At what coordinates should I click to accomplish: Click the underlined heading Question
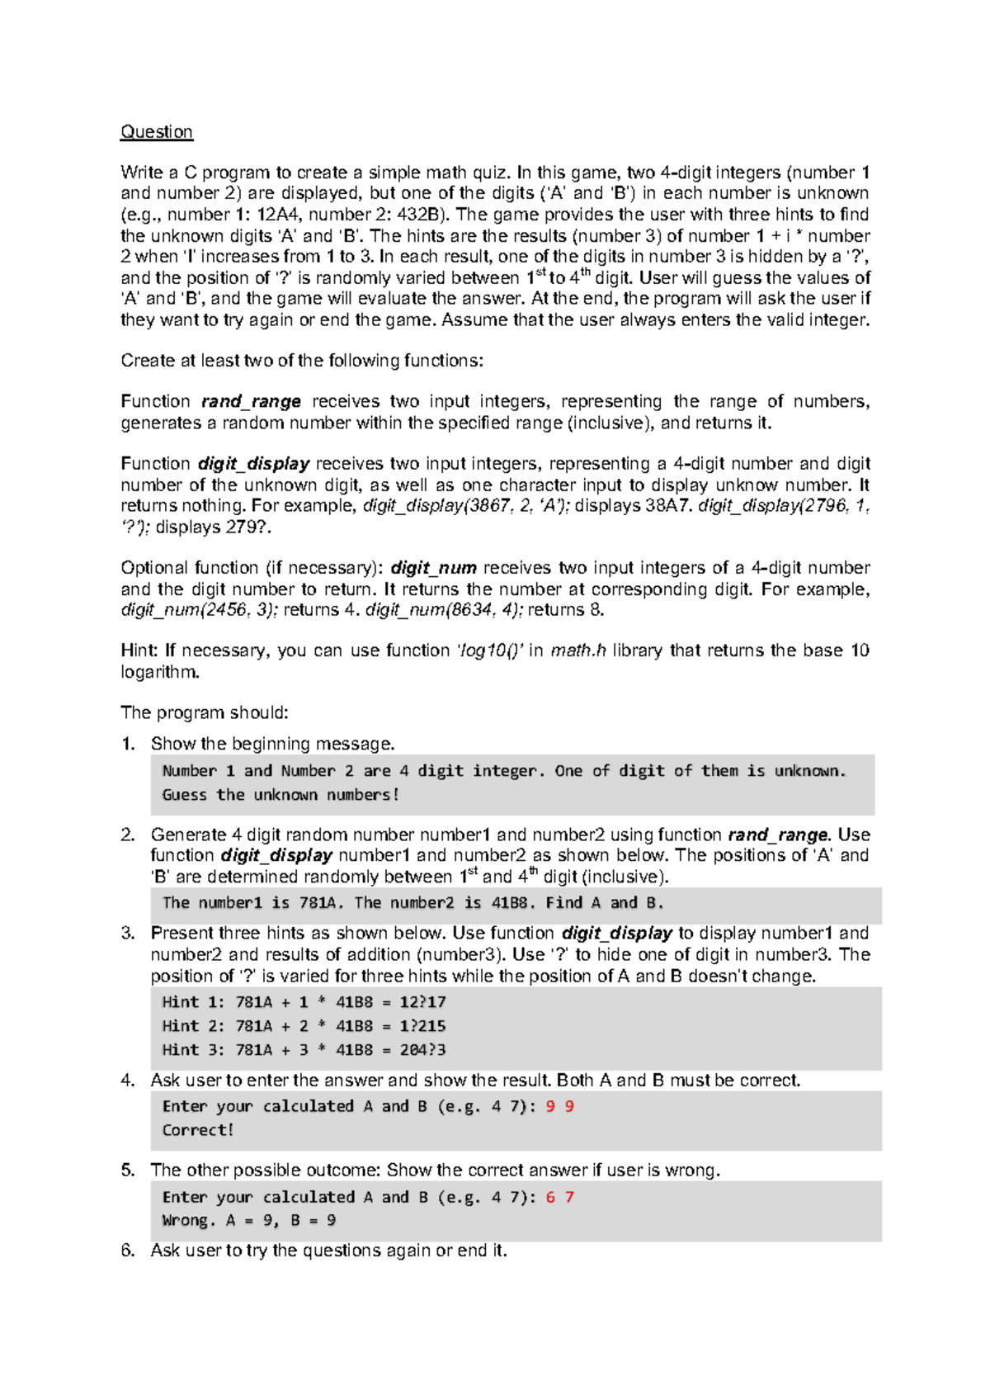coord(157,132)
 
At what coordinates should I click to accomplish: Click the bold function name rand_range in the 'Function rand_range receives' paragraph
coord(251,402)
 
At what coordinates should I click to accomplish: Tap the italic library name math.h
coord(577,651)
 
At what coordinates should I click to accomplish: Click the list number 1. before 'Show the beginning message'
coord(128,745)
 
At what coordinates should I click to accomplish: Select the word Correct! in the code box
coord(198,1130)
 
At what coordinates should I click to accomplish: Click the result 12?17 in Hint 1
coord(422,1002)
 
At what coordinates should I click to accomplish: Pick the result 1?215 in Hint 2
coord(422,1026)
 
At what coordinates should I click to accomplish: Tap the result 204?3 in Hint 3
coord(422,1050)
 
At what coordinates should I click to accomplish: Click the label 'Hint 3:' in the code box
coord(193,1050)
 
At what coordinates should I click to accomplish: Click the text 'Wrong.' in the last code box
coord(189,1221)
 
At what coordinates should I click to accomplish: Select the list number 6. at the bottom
coord(128,1251)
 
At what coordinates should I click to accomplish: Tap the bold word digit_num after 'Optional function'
coord(433,569)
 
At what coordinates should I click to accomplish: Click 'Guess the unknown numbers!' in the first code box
coord(280,795)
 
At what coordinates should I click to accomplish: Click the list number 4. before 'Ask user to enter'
coord(128,1081)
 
